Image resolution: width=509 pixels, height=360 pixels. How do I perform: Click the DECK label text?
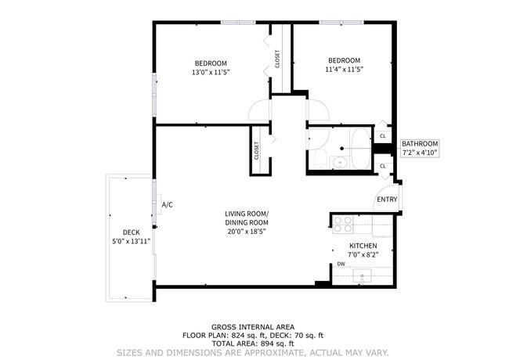131,232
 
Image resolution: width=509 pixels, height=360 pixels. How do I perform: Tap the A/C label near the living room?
167,205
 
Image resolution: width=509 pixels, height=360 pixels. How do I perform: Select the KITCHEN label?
363,245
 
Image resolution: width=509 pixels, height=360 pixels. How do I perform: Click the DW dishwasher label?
341,264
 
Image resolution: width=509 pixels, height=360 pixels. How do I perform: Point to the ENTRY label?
387,200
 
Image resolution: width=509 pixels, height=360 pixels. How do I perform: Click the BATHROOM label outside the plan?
420,143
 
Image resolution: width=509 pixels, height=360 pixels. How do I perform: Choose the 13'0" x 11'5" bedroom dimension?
211,72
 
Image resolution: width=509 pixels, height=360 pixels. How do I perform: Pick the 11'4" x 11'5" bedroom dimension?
344,70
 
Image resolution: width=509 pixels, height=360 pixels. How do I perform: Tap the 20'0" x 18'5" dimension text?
247,231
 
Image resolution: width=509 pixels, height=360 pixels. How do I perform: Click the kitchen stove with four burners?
343,224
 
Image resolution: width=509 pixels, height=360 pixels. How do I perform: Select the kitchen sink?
363,275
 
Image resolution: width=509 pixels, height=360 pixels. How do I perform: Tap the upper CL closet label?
382,136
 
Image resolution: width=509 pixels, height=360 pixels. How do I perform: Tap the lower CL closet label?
382,166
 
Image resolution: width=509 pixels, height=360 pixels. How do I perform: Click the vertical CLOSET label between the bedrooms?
277,59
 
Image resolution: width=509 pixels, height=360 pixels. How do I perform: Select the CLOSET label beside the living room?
257,150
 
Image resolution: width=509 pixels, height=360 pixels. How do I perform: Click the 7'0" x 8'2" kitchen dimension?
363,254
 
